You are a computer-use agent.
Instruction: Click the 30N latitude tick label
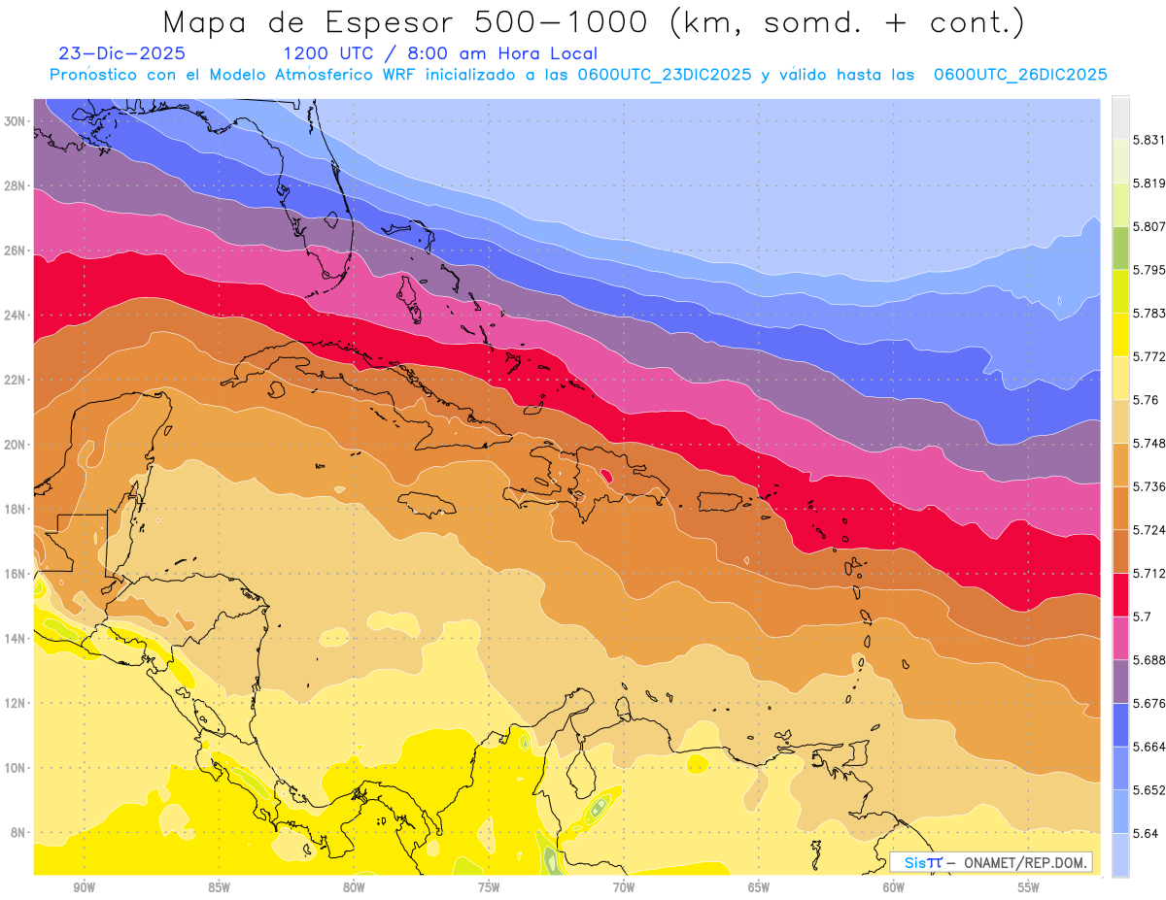point(17,121)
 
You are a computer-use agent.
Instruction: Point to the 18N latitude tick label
point(17,510)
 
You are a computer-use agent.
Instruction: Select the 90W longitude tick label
point(84,887)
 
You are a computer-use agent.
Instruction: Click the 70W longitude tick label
point(624,887)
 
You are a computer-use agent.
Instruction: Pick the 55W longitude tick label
point(1029,887)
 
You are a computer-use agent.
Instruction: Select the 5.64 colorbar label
point(1145,833)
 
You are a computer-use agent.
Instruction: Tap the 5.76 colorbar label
point(1145,400)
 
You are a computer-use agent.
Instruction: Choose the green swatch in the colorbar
point(1120,248)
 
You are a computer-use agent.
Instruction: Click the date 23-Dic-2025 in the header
point(121,54)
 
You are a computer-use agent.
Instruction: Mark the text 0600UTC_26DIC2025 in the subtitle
point(1020,75)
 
